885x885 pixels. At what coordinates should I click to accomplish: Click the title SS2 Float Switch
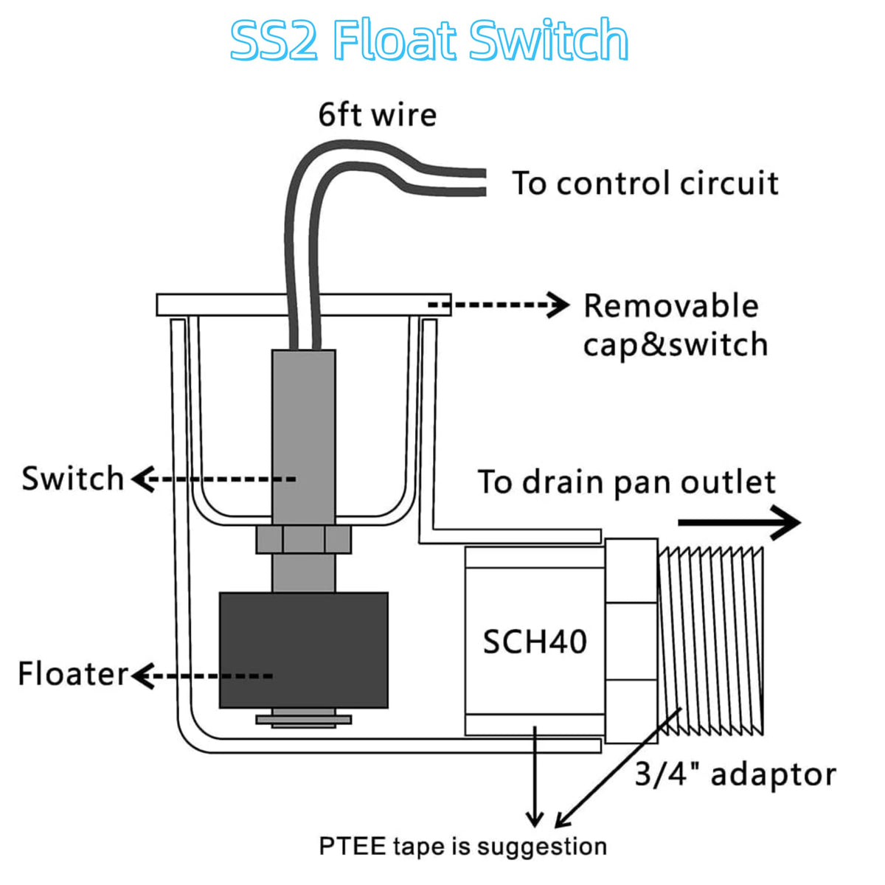tap(429, 40)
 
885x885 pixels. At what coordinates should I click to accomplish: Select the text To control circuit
tap(645, 183)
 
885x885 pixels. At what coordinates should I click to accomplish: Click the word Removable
tap(671, 306)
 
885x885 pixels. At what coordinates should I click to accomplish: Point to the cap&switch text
tap(675, 345)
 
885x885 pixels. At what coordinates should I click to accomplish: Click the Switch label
tap(72, 479)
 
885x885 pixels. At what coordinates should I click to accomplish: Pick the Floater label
tap(72, 674)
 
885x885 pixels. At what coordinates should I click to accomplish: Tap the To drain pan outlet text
tap(627, 482)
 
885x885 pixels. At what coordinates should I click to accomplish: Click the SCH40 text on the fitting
tap(535, 642)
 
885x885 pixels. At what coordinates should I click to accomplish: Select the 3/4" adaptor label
tap(735, 775)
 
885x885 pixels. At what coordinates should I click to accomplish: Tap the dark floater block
tap(304, 650)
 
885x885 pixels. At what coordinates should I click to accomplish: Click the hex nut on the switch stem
tap(304, 539)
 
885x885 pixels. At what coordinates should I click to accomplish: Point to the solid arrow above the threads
tap(740, 523)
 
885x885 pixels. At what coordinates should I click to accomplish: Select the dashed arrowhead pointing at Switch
tap(143, 479)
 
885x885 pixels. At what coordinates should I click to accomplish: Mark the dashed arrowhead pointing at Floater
tap(143, 676)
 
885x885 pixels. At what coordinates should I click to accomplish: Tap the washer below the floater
tap(304, 720)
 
